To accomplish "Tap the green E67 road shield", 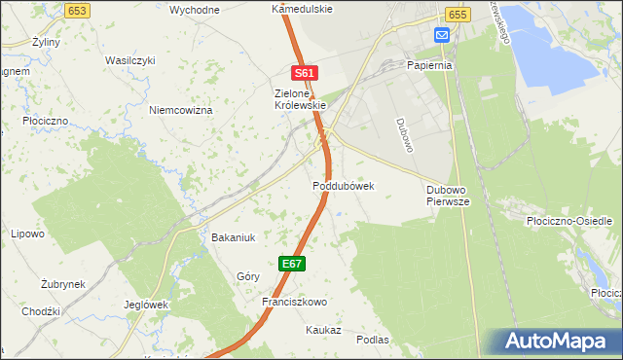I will (x=293, y=264).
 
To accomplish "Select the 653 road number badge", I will (x=79, y=9).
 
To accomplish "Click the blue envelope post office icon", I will (x=442, y=35).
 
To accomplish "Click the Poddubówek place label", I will (x=344, y=185).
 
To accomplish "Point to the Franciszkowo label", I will (x=293, y=302).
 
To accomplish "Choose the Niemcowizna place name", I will (x=180, y=110).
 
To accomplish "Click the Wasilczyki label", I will (x=130, y=60).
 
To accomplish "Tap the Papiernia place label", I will (x=432, y=65).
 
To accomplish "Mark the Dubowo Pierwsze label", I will (x=449, y=195).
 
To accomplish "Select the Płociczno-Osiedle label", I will (x=569, y=221).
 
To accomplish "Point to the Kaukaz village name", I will (x=322, y=330).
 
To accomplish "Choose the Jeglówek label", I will (x=147, y=304).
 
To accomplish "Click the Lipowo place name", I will (x=27, y=234).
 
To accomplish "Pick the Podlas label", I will (x=373, y=340).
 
